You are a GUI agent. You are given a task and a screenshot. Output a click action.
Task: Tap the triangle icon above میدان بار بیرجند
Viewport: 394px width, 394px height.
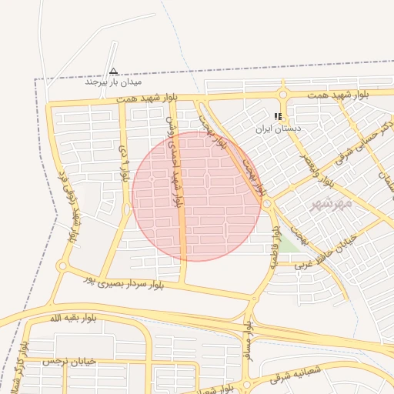[x=113, y=71]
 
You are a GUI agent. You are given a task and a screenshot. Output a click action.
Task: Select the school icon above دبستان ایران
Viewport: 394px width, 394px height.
[x=278, y=117]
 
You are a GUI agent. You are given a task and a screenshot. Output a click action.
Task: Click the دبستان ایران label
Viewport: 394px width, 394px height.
[x=279, y=129]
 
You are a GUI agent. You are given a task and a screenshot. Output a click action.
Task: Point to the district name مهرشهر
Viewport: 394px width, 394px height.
[x=331, y=204]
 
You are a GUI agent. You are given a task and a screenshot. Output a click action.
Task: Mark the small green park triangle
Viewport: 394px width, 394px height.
[x=288, y=245]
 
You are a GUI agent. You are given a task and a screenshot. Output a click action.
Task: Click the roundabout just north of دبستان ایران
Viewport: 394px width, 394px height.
[x=284, y=95]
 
